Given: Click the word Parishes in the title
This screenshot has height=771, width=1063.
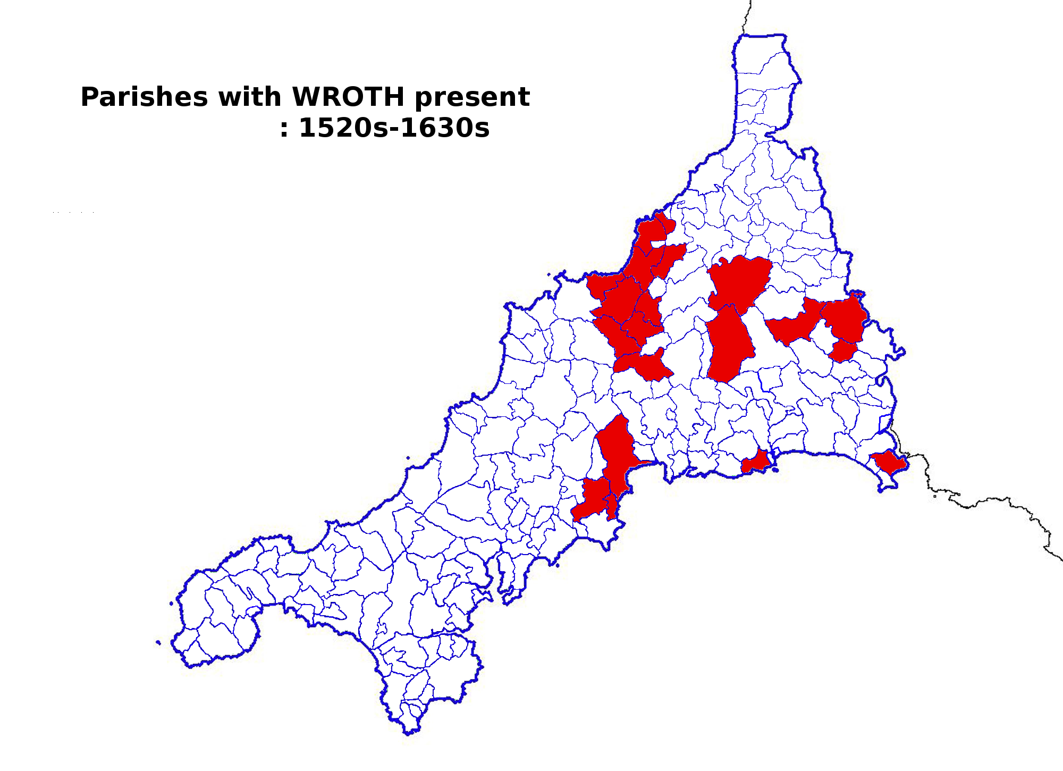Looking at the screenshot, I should pyautogui.click(x=144, y=97).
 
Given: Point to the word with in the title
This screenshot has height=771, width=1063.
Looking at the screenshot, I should pyautogui.click(x=249, y=97).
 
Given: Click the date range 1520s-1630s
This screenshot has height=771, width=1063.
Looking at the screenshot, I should pyautogui.click(x=394, y=128).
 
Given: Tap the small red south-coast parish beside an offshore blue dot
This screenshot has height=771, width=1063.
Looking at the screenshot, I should pyautogui.click(x=755, y=462).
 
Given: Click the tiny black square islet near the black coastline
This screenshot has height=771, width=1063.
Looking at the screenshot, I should pyautogui.click(x=935, y=496).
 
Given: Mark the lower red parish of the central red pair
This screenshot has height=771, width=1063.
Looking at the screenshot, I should pyautogui.click(x=729, y=346).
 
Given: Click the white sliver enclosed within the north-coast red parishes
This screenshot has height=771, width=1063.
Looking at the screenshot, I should pyautogui.click(x=658, y=244).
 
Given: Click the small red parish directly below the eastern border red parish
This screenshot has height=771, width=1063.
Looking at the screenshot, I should pyautogui.click(x=843, y=351).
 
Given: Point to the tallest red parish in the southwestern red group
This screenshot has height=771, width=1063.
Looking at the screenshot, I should pyautogui.click(x=617, y=452).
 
